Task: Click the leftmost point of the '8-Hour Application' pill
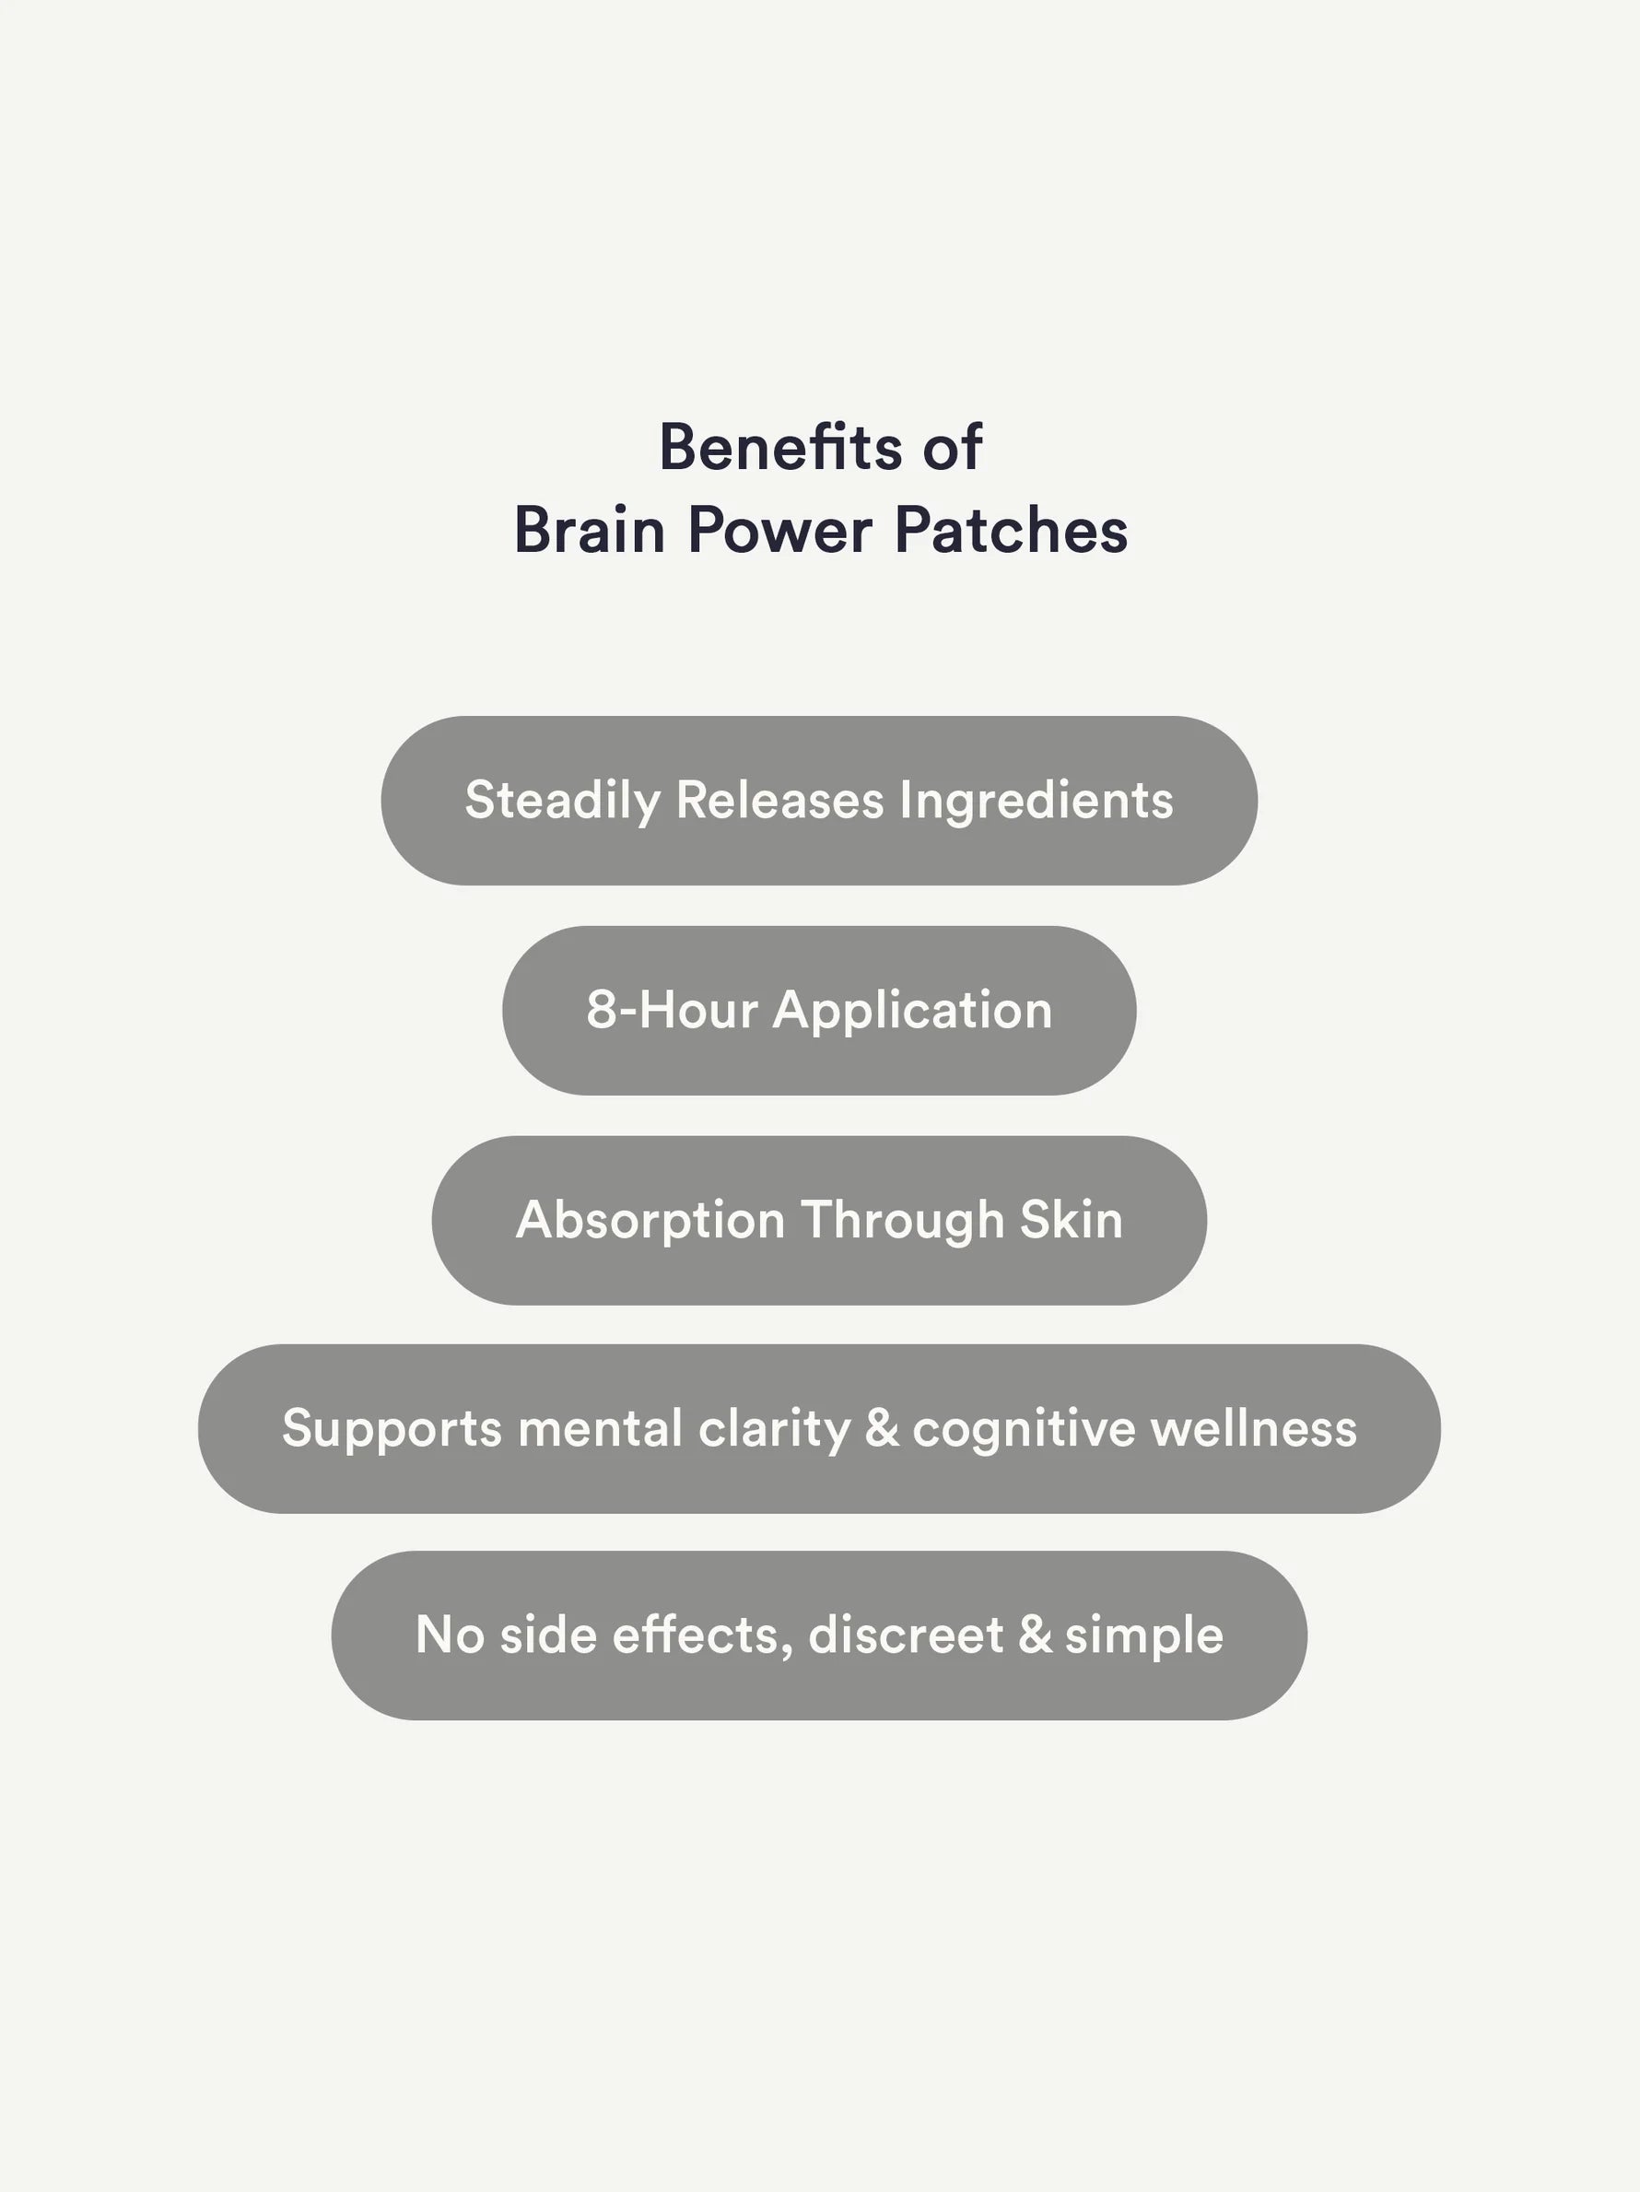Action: (x=502, y=1010)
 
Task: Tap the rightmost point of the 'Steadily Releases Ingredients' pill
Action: (x=1258, y=800)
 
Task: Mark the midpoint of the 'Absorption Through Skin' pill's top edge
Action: (x=819, y=1136)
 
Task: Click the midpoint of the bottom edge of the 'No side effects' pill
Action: (x=819, y=1719)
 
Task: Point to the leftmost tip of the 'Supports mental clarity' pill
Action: (x=198, y=1428)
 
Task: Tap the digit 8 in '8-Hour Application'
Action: (x=602, y=1010)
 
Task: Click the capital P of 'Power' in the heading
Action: (x=705, y=530)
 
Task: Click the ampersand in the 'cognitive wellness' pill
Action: (x=882, y=1428)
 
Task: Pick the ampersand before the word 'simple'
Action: (x=1035, y=1635)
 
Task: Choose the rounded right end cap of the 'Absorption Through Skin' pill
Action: (x=1166, y=1220)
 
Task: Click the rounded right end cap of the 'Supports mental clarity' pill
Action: (x=1400, y=1428)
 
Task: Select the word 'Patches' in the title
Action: (x=1011, y=530)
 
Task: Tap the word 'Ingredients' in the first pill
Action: (x=1037, y=801)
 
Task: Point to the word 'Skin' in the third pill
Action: (x=1072, y=1220)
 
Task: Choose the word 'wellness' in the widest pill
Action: (x=1254, y=1428)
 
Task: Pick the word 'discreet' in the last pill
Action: (x=906, y=1635)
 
